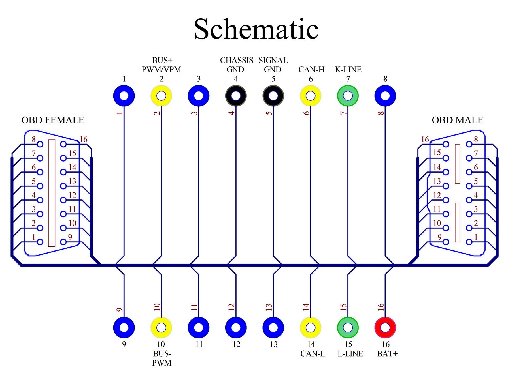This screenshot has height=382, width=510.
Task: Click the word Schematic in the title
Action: pos(256,29)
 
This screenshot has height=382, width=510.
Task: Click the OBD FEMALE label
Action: pos(53,120)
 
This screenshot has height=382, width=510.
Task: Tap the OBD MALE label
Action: pos(457,120)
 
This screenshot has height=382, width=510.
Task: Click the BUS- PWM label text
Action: pos(162,358)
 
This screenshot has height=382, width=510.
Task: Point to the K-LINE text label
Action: pos(348,70)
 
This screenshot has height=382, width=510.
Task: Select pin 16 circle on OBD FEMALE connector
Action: pos(63,144)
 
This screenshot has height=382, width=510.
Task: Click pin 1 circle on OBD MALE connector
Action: pos(469,242)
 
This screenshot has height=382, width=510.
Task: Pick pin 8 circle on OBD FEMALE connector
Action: pos(40,144)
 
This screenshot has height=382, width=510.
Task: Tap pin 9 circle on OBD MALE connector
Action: pos(446,242)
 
